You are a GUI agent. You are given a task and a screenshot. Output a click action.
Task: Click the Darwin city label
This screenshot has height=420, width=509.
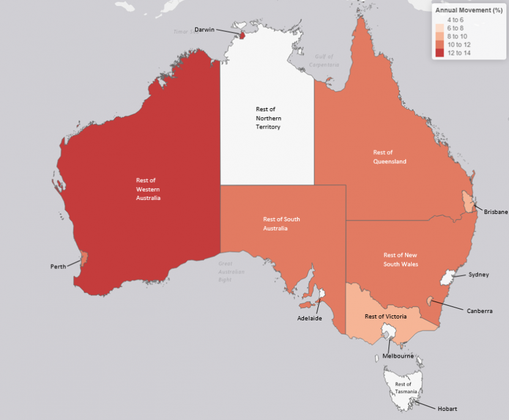point(204,29)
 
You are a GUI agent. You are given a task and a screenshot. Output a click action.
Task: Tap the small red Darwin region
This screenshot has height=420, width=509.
point(242,35)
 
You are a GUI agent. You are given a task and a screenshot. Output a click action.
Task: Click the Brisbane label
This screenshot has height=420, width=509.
point(496,212)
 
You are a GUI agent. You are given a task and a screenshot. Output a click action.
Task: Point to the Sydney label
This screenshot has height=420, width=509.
point(478,274)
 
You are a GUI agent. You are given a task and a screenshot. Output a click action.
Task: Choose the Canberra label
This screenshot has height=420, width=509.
point(479,311)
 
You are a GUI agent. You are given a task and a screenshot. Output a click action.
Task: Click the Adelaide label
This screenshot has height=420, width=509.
point(310,319)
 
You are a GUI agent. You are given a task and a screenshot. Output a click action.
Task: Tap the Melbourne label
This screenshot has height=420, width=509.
point(398,356)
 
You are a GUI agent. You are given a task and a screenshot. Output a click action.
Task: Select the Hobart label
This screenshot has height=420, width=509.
point(447,408)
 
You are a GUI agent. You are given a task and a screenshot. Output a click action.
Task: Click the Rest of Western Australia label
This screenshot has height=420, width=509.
point(146,189)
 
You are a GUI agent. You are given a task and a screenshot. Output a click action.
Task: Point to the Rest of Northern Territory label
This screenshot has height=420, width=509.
point(268,118)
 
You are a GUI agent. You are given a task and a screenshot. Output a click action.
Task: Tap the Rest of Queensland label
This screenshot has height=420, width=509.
point(383,157)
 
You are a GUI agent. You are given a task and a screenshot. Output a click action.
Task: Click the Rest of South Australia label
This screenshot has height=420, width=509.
point(281,224)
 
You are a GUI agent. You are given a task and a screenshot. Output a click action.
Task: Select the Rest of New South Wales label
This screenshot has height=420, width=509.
point(401,259)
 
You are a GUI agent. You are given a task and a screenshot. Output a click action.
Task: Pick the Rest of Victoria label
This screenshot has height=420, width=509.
point(385,316)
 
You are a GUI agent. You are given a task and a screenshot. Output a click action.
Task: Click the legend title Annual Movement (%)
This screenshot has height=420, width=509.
point(468,10)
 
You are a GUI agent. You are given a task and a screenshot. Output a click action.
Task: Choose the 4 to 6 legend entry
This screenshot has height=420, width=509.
point(456,20)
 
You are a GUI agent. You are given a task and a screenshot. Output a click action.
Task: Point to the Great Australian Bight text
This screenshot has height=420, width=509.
point(226,271)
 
